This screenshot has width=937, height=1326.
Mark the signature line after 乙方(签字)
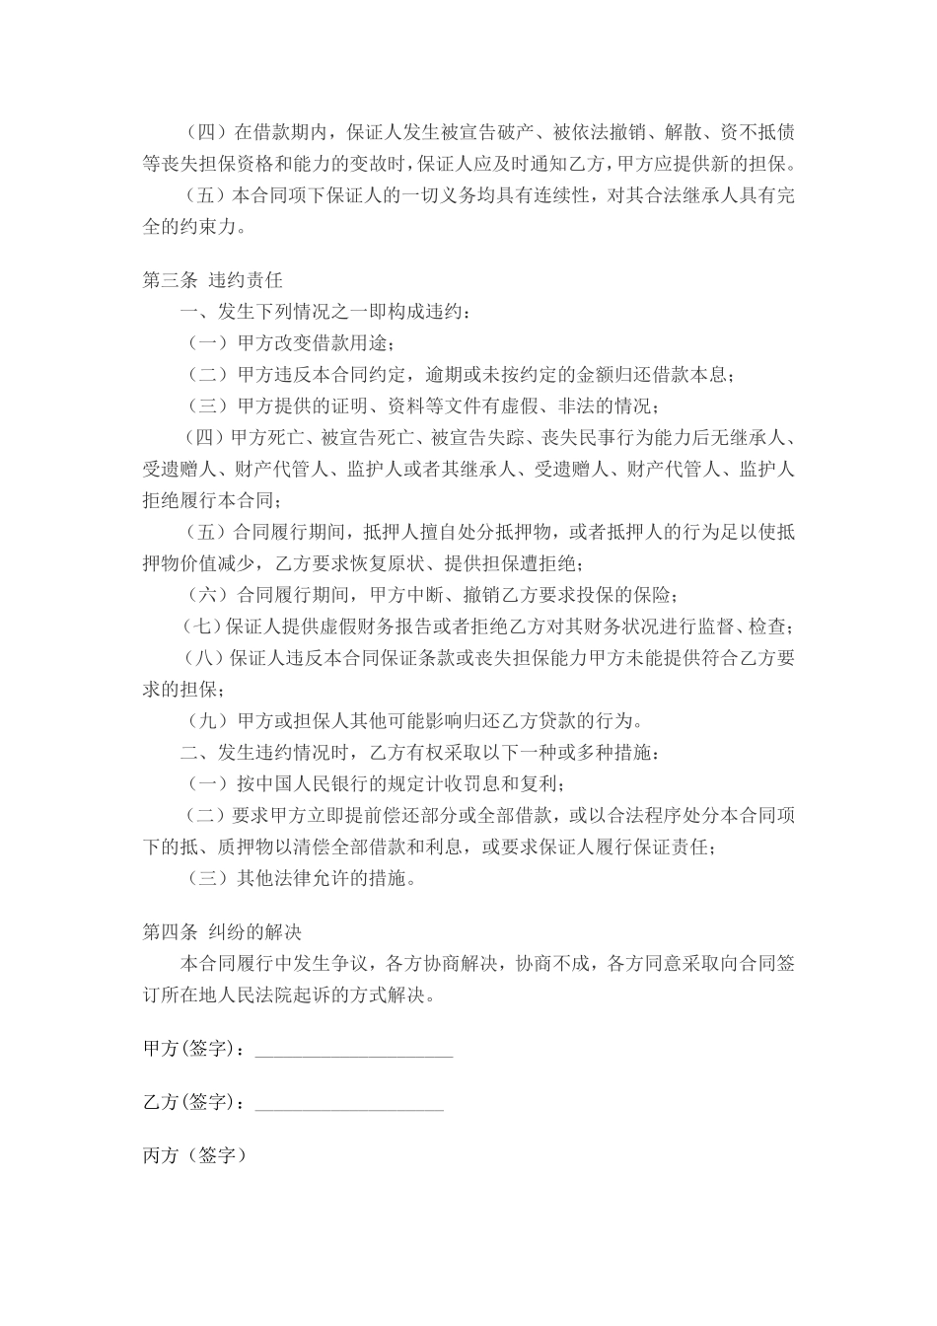349,1107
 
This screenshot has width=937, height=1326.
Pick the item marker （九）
206,721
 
